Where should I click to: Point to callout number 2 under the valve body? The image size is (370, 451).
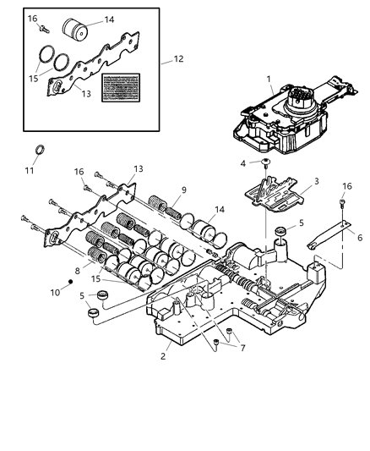(163, 357)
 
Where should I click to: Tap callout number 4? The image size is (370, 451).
(242, 163)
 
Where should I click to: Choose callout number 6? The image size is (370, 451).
(349, 239)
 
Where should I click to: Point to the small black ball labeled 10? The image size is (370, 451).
(72, 280)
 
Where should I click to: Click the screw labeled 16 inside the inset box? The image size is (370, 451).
(40, 28)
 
